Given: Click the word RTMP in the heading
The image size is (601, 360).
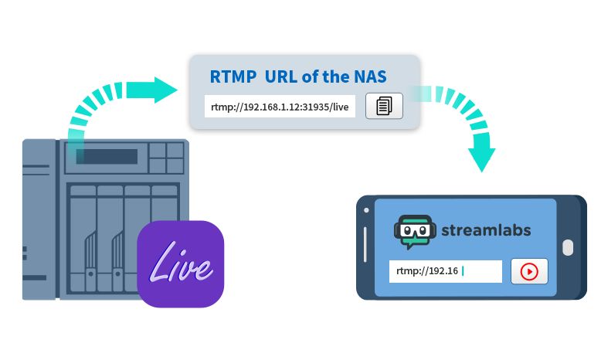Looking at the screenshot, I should point(233,77).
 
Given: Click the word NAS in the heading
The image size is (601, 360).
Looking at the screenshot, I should point(371,77).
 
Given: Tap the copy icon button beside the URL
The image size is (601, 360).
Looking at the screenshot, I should point(384,106).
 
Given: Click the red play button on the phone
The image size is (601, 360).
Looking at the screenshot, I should point(529,271).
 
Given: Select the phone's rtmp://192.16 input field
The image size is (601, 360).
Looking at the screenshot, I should point(445,271).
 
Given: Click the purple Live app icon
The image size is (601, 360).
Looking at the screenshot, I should point(181,263).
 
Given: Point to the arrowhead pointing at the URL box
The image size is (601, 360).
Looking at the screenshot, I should point(165,90).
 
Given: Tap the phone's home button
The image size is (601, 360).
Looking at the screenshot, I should point(568,248).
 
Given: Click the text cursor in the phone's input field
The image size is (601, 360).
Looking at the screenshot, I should point(463,271).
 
